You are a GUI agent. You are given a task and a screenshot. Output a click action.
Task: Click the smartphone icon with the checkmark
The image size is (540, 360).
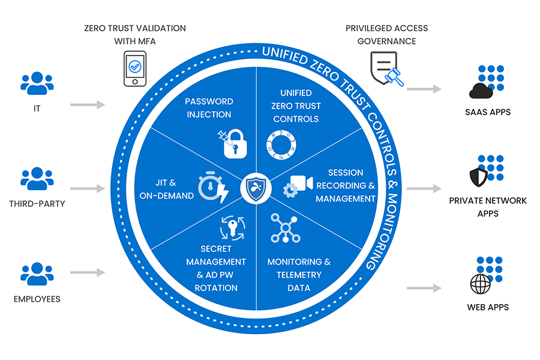135,68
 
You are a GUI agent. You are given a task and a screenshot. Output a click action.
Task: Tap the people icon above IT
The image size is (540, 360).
37,83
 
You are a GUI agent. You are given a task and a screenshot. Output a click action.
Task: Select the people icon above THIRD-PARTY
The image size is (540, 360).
37,178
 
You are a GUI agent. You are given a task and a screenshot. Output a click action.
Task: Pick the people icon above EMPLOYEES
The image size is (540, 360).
37,274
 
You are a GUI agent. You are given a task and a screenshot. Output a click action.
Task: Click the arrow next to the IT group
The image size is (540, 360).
88,104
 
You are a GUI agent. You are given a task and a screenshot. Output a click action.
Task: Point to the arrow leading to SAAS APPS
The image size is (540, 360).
424,89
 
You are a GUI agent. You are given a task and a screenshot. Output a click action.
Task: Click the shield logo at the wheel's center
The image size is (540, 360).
256,188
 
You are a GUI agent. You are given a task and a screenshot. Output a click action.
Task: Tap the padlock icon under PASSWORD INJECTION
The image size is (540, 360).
235,144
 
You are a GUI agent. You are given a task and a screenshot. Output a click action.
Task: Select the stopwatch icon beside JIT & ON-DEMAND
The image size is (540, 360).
213,187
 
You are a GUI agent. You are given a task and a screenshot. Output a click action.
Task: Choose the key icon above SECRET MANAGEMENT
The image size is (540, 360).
232,227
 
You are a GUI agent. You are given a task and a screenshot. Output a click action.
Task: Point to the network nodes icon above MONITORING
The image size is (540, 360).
285,228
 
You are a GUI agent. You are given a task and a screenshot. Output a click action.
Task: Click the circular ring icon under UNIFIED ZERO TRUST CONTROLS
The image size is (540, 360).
281,145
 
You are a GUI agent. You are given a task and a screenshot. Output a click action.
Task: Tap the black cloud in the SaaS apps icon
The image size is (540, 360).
481,91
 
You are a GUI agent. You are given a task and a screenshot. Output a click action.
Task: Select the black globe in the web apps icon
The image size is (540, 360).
481,284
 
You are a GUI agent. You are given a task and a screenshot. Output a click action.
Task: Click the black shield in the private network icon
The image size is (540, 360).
479,177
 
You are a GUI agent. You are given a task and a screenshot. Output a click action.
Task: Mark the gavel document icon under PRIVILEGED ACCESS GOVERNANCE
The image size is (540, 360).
386,68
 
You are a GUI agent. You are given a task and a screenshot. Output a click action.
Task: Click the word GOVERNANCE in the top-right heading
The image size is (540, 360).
386,41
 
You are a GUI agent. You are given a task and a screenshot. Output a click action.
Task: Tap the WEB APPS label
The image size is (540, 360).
488,307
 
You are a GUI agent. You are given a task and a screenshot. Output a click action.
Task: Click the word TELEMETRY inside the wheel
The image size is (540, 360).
299,275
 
